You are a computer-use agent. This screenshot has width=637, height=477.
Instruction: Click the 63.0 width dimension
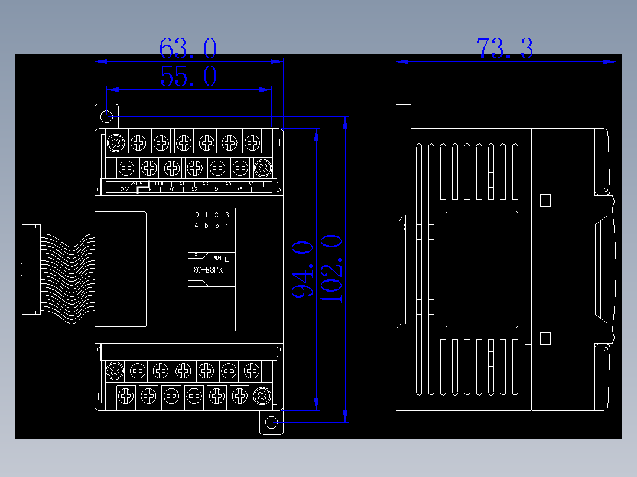click(x=188, y=48)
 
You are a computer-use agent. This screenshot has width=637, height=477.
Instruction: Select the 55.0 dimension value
click(x=188, y=77)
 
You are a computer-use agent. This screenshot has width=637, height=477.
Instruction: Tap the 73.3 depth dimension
click(x=505, y=48)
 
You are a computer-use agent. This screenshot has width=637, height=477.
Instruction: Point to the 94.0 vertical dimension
click(x=302, y=269)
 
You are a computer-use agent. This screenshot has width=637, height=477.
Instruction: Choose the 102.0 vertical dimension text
click(x=331, y=269)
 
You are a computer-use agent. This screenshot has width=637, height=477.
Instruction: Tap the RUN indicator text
click(x=217, y=259)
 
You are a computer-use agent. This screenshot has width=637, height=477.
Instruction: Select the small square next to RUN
click(x=227, y=259)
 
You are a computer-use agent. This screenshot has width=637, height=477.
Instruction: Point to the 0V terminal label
click(x=125, y=190)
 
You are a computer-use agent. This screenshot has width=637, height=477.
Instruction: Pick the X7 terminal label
click(x=251, y=184)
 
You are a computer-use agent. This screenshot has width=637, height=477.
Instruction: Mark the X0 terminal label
click(x=171, y=190)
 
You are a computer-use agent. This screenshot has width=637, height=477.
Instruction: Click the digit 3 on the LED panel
click(x=227, y=215)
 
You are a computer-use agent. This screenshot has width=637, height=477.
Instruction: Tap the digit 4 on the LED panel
click(x=197, y=225)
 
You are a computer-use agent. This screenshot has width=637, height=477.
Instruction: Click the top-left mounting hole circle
click(x=107, y=116)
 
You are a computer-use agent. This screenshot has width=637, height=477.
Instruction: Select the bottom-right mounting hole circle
click(x=271, y=422)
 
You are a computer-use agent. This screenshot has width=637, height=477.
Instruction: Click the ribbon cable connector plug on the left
click(x=30, y=270)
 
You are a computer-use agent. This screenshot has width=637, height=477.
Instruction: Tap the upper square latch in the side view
click(x=545, y=200)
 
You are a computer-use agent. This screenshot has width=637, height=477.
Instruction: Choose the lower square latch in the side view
click(x=545, y=338)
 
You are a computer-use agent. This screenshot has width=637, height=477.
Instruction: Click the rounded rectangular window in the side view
click(x=482, y=270)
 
